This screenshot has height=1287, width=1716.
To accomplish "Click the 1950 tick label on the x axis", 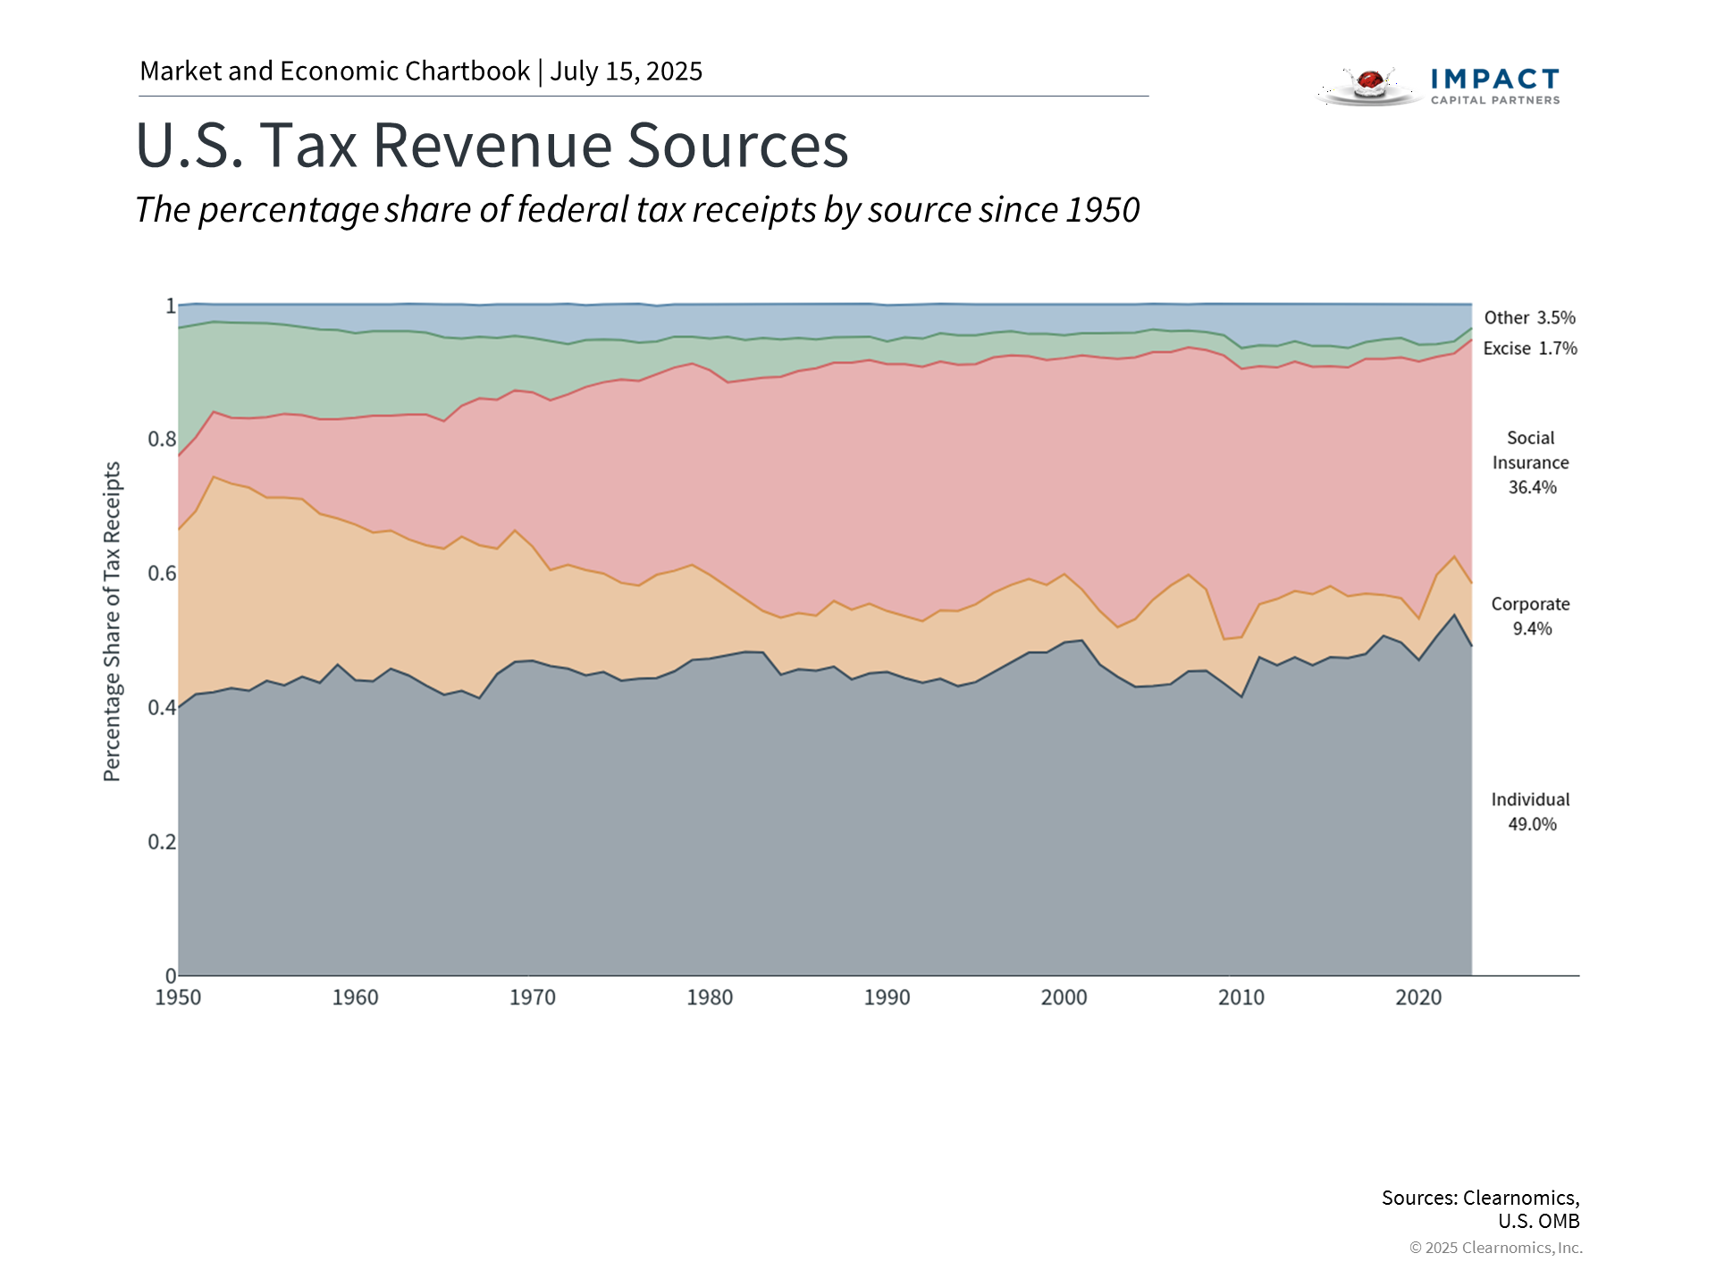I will pyautogui.click(x=178, y=997).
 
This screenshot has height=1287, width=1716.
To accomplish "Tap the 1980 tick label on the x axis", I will pyautogui.click(x=710, y=997).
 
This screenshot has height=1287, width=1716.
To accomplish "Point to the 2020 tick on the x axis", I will pyautogui.click(x=1418, y=997).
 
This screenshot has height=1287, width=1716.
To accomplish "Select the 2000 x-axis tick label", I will pyautogui.click(x=1064, y=997).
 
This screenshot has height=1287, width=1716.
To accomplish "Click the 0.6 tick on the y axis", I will pyautogui.click(x=162, y=573).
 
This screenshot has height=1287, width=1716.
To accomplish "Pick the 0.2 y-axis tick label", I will pyautogui.click(x=162, y=841).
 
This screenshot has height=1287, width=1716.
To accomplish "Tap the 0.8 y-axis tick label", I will pyautogui.click(x=162, y=439).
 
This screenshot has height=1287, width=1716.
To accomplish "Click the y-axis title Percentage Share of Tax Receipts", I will pyautogui.click(x=112, y=621).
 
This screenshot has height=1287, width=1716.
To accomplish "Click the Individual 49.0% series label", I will pyautogui.click(x=1531, y=812).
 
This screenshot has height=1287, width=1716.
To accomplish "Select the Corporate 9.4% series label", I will pyautogui.click(x=1531, y=616).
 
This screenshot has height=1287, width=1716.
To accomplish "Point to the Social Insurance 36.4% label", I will pyautogui.click(x=1531, y=462).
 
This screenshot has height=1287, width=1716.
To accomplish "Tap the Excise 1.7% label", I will pyautogui.click(x=1530, y=349).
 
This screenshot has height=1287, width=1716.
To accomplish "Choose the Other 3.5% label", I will pyautogui.click(x=1530, y=317).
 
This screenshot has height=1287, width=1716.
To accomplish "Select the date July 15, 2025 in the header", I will pyautogui.click(x=626, y=71).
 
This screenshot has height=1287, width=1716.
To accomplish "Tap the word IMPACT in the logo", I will pyautogui.click(x=1494, y=80).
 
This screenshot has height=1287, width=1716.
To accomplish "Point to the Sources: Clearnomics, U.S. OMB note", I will pyautogui.click(x=1480, y=1208).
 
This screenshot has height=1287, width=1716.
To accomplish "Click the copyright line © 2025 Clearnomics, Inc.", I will pyautogui.click(x=1495, y=1248).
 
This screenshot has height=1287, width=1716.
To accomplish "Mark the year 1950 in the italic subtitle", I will pyautogui.click(x=1103, y=210).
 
